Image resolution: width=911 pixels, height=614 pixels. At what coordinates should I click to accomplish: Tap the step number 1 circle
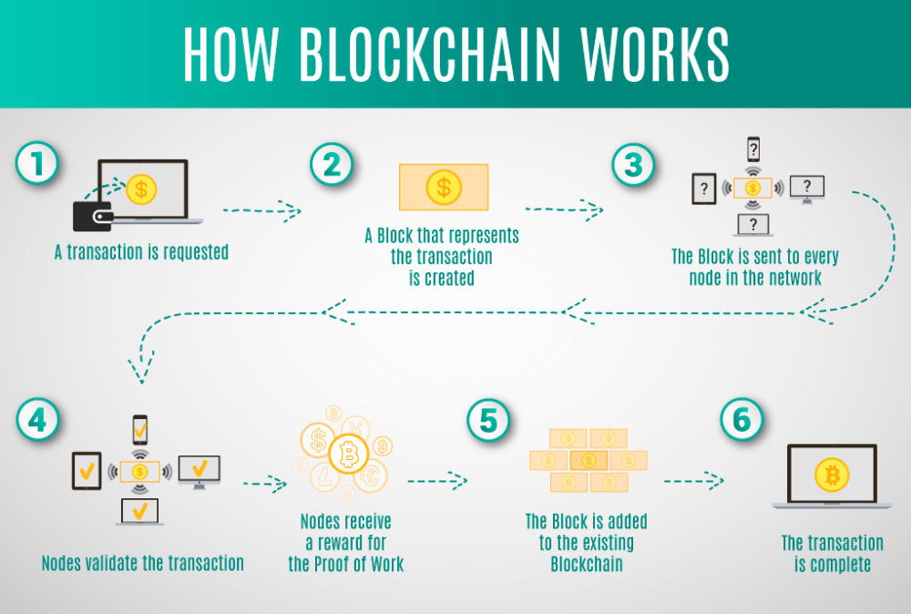[x=37, y=165]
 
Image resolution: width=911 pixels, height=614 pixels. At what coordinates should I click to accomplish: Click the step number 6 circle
[x=742, y=420]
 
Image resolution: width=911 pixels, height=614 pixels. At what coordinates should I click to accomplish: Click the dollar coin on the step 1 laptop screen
[x=141, y=189]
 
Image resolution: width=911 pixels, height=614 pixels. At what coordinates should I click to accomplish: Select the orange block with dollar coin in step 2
[x=444, y=188]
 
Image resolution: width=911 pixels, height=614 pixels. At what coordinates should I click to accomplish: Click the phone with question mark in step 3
[x=753, y=148]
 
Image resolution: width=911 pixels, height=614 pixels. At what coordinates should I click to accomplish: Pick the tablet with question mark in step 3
[x=702, y=189]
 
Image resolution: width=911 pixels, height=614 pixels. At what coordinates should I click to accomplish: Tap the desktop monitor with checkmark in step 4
[x=199, y=470]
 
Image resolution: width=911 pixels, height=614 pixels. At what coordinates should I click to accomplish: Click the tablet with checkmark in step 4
[x=87, y=471]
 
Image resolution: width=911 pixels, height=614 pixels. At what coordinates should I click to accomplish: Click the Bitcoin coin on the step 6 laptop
[x=830, y=475]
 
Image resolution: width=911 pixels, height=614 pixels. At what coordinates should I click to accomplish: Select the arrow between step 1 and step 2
[x=262, y=210]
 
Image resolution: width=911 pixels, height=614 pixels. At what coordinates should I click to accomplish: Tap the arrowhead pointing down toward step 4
[x=139, y=372]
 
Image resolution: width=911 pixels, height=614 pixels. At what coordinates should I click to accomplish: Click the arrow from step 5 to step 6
[x=693, y=480]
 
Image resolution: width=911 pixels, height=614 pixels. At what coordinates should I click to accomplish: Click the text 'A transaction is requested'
[x=141, y=252]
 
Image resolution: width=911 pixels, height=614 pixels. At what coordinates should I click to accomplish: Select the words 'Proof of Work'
[x=360, y=564]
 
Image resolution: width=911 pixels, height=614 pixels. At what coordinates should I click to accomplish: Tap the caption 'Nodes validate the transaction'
[x=142, y=563]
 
